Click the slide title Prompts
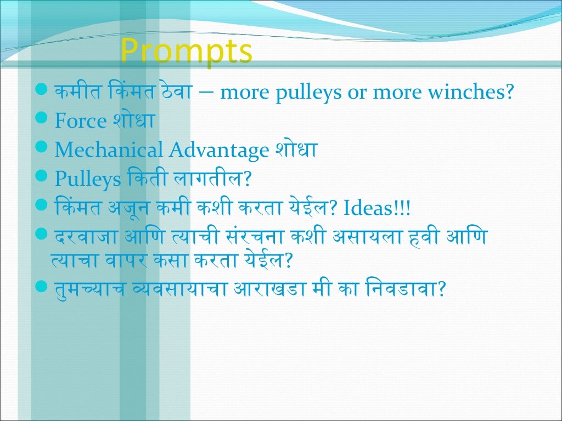(186, 52)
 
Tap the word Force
(80, 121)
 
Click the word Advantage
(218, 151)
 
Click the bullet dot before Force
(43, 120)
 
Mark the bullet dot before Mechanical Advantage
(43, 148)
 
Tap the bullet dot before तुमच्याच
(43, 286)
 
